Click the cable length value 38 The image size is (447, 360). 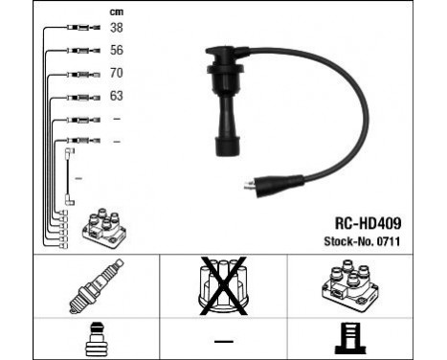[118, 28]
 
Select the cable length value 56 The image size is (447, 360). [118, 50]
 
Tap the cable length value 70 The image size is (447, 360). [118, 72]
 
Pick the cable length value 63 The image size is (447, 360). [118, 95]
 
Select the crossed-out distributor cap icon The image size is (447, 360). [222, 285]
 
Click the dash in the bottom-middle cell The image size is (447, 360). [222, 340]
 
